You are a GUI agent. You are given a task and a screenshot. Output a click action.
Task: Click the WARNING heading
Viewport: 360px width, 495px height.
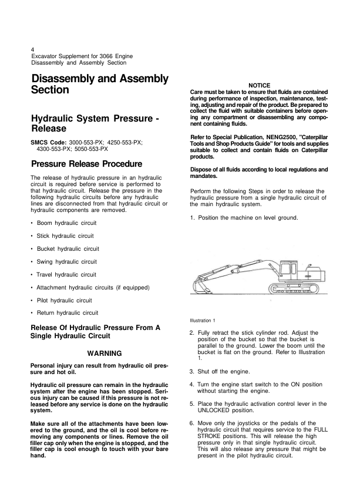point(104,353)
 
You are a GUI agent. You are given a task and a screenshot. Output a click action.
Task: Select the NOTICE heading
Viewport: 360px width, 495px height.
point(259,86)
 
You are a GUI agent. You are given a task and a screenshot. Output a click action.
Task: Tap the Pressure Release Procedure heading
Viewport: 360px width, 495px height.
point(86,164)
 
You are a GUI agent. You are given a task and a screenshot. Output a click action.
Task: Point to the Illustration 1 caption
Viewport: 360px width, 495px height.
point(203,320)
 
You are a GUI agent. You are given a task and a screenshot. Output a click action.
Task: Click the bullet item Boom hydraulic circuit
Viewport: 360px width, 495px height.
point(66,223)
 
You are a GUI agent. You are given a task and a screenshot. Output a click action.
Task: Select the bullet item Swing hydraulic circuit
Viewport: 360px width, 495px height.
point(66,261)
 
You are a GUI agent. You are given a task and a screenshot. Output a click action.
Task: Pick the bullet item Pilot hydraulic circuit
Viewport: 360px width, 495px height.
point(64,300)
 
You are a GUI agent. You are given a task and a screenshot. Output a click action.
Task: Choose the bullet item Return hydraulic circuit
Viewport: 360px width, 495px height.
point(67,312)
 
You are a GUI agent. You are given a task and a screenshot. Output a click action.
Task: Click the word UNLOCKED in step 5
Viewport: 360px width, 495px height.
point(216,411)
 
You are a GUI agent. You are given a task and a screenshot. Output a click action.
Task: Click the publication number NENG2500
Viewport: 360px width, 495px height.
point(268,137)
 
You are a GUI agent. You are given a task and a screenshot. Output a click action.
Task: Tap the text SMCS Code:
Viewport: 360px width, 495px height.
point(48,142)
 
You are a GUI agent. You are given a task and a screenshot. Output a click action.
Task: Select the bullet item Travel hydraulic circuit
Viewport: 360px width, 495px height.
point(66,274)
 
